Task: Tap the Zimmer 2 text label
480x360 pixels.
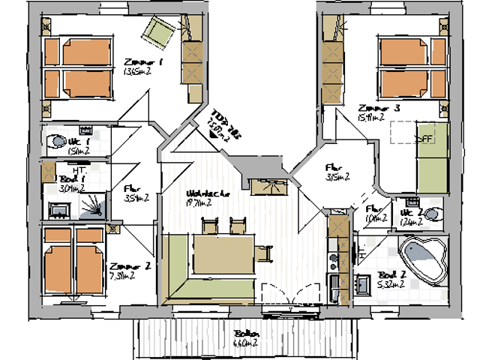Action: pos(123,266)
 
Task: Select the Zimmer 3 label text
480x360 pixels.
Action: pos(378,108)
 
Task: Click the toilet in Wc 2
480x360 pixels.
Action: pos(430,214)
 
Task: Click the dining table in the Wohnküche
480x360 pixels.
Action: pos(224,247)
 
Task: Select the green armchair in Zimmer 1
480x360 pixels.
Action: pos(160,30)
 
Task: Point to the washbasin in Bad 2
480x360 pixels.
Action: pos(363,283)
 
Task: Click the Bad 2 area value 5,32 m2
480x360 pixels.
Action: pos(392,284)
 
